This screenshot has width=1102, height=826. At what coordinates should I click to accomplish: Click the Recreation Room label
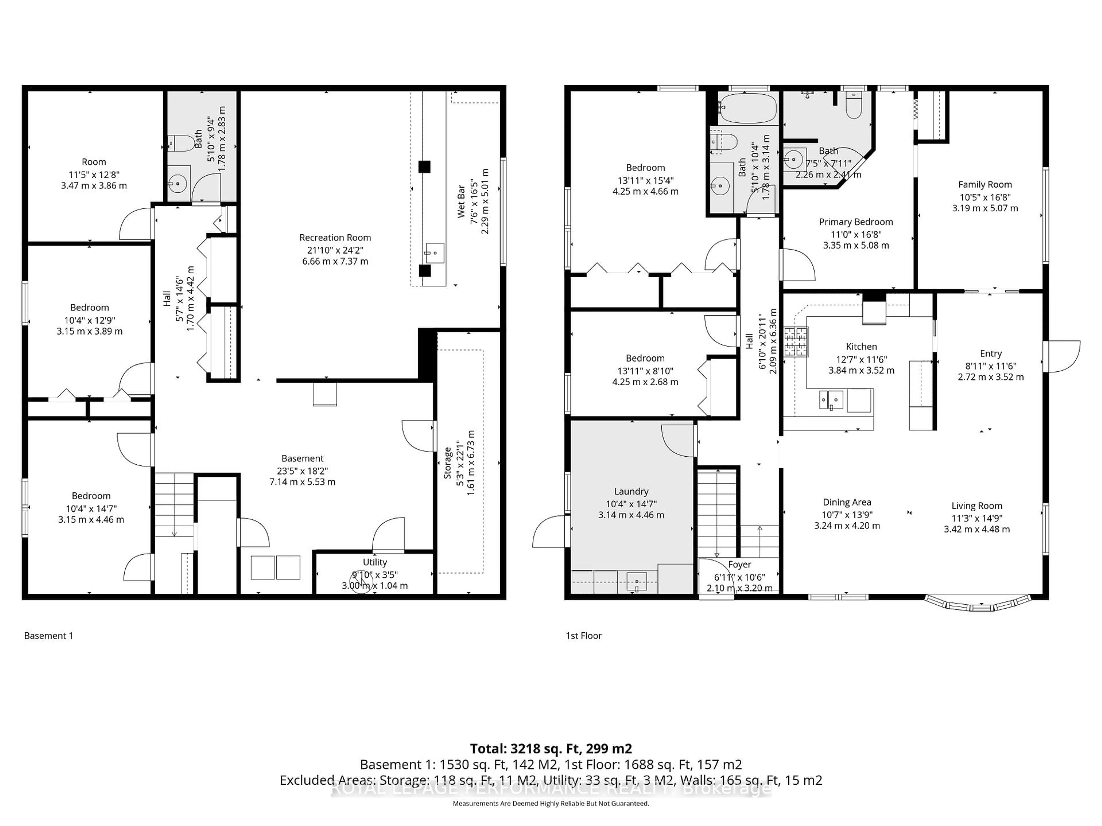click(x=335, y=237)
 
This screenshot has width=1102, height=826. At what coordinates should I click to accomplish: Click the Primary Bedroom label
click(x=855, y=222)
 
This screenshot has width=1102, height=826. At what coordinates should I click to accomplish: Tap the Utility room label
click(x=375, y=562)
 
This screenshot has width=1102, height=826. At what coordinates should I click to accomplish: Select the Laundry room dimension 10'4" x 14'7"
click(x=631, y=504)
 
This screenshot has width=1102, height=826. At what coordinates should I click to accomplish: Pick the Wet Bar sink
click(x=434, y=253)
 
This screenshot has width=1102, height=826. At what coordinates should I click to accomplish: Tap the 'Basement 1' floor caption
click(x=48, y=636)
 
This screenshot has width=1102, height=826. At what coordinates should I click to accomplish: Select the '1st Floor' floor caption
click(x=583, y=636)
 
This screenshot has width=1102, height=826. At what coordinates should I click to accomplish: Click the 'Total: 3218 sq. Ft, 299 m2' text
click(x=550, y=748)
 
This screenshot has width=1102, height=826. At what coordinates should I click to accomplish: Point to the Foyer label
click(x=739, y=565)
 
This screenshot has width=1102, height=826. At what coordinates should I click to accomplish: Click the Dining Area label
click(x=846, y=502)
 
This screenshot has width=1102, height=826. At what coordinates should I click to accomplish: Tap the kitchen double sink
click(x=831, y=399)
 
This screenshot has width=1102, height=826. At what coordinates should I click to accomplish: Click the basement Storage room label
click(x=447, y=463)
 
